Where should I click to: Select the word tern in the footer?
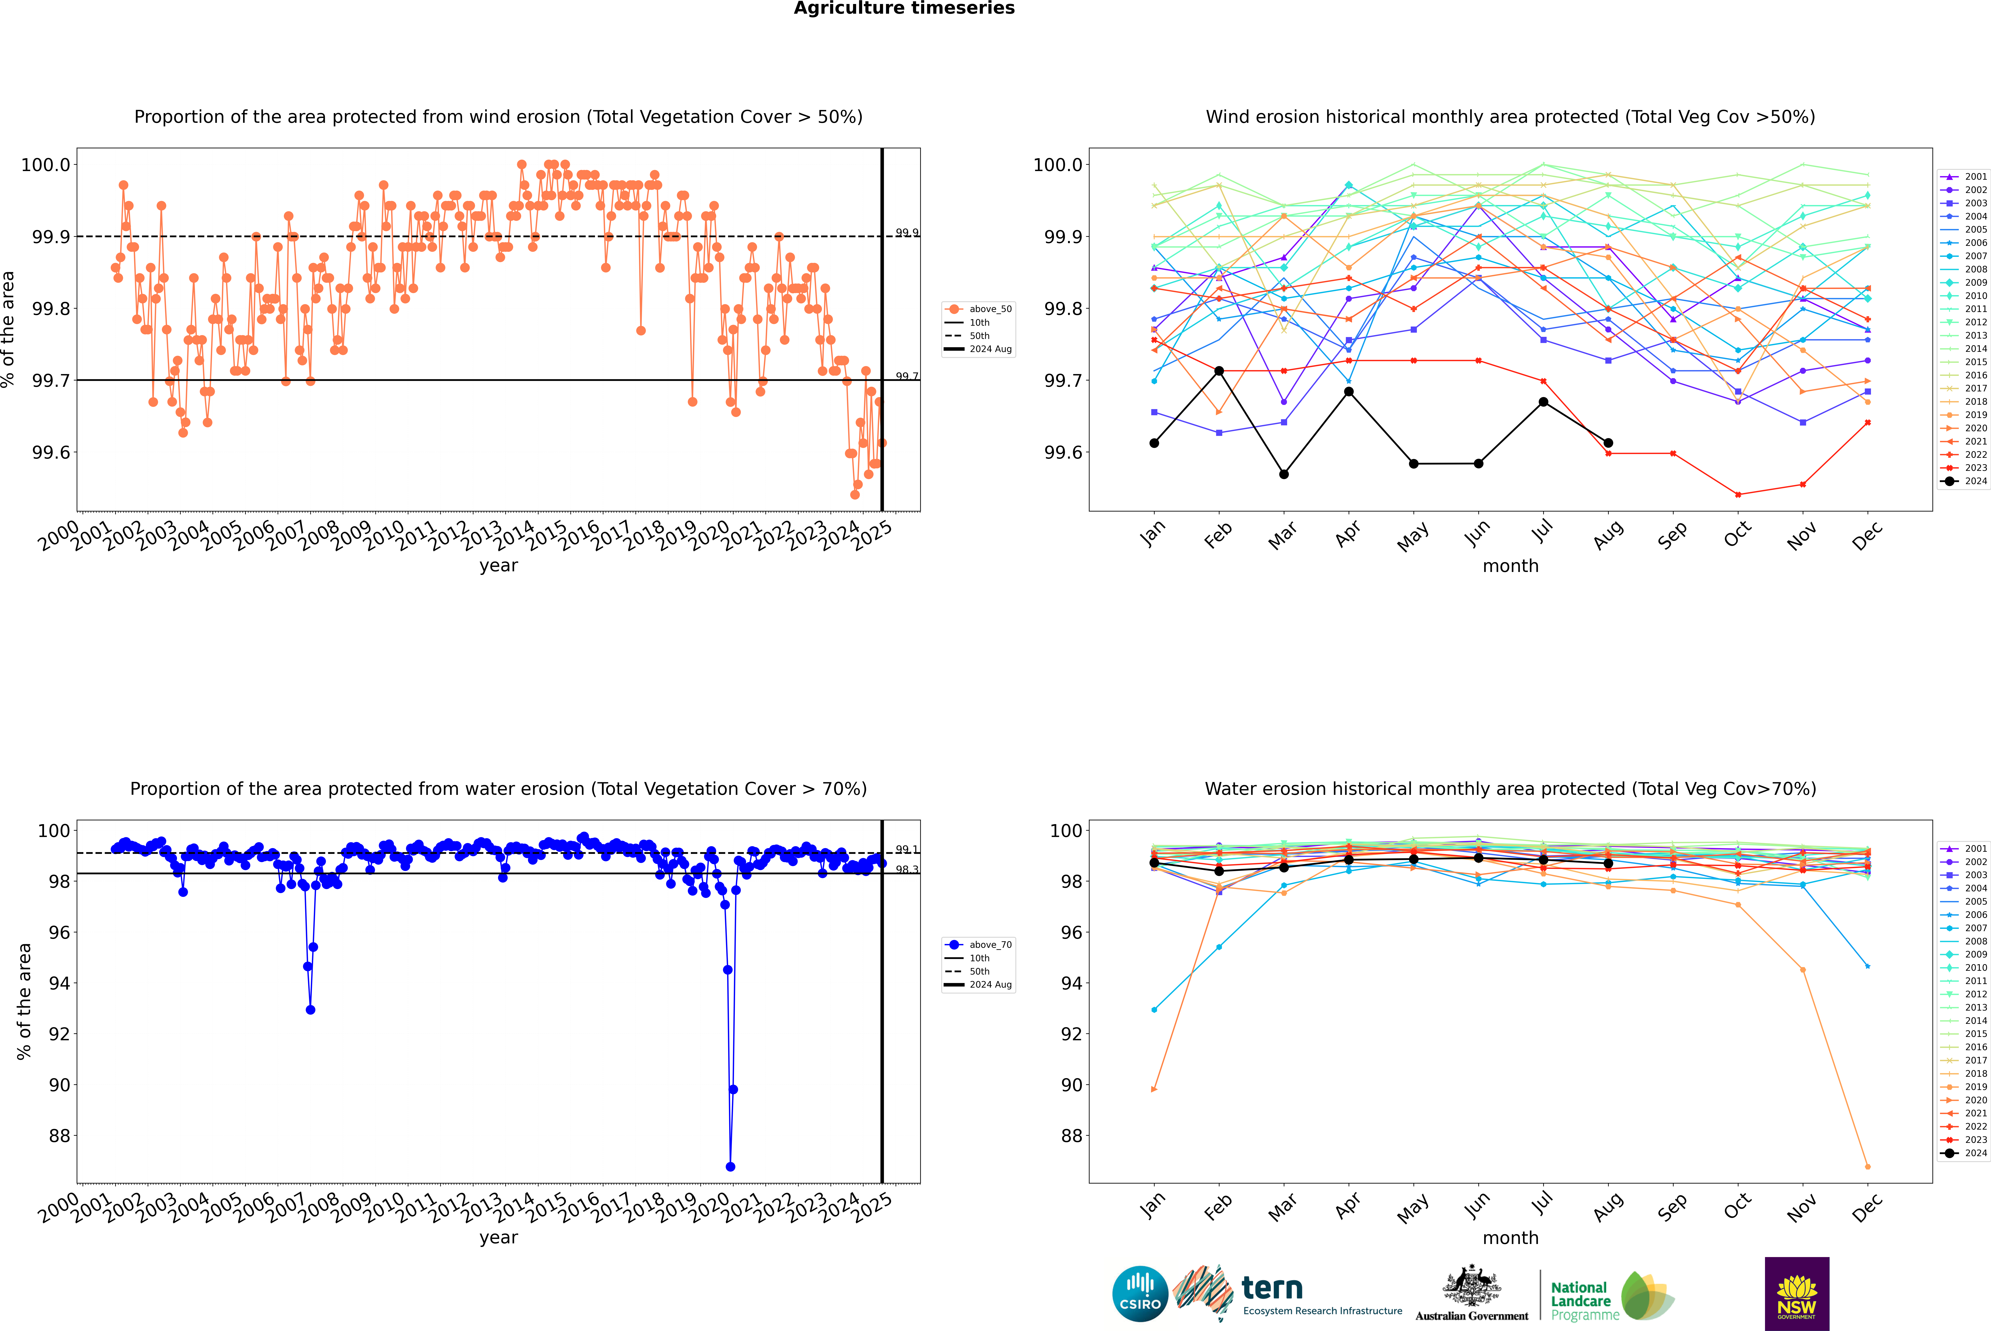click(x=1271, y=1288)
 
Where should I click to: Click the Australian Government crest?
click(x=1471, y=1287)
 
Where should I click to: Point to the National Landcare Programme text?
click(x=1580, y=1300)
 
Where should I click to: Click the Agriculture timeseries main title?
click(x=904, y=8)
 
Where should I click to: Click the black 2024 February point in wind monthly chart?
click(x=1219, y=371)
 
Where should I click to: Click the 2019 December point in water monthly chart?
click(x=1867, y=1166)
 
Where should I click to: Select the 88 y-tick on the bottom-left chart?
click(x=59, y=1136)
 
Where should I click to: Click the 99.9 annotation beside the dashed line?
click(x=906, y=233)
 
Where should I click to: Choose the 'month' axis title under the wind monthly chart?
click(x=1510, y=566)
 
